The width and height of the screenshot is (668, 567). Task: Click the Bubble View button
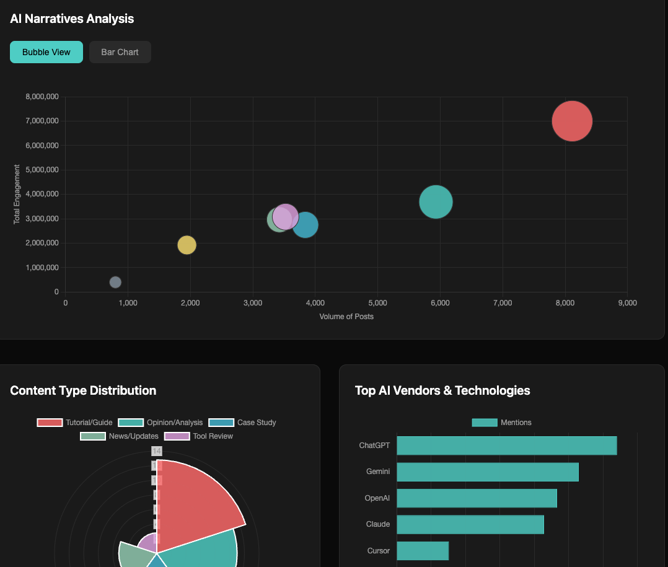46,52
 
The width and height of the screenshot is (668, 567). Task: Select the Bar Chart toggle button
120,52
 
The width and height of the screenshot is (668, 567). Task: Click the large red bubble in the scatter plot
572,121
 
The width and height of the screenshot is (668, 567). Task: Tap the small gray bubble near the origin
115,282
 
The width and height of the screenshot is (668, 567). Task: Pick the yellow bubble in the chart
187,245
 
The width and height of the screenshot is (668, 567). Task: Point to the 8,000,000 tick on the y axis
42,97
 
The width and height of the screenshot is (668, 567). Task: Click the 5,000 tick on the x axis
377,303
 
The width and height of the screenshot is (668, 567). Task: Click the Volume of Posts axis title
346,317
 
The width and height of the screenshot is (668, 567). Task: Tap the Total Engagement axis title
17,194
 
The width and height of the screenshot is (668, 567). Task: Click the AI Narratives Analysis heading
72,19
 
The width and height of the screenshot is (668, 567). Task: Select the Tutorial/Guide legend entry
75,423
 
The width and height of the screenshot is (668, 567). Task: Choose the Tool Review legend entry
199,436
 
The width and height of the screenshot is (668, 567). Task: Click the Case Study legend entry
242,423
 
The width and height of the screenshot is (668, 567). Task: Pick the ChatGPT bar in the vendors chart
506,446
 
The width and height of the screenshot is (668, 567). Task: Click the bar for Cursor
422,551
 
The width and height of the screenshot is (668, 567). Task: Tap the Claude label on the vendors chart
378,524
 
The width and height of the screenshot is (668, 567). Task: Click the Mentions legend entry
502,423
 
